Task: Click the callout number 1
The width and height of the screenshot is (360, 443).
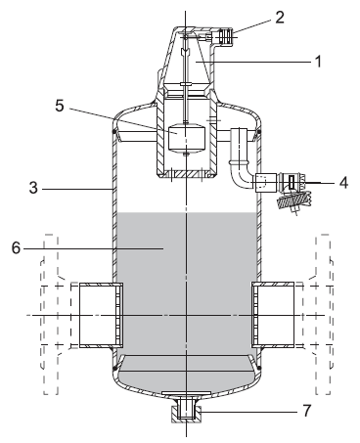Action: pos(318,62)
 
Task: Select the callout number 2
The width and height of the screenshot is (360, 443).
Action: pos(280,18)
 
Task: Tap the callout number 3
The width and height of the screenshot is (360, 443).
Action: pos(33,188)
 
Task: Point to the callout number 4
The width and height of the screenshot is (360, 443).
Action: pos(343,183)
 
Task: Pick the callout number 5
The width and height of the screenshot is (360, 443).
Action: pos(60,106)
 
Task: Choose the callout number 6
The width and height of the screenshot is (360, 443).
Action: pos(16,248)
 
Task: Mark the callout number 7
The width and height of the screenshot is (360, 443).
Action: pos(307,411)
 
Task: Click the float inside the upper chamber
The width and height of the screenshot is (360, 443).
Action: pos(186,137)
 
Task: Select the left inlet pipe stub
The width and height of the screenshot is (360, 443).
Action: pos(101,315)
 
